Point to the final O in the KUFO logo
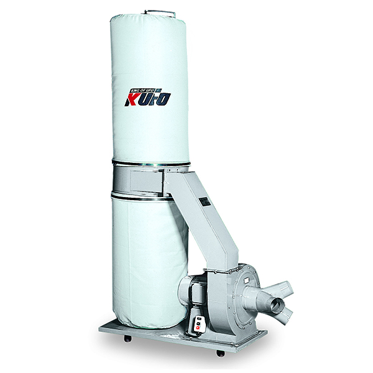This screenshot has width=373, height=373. tap(163, 98)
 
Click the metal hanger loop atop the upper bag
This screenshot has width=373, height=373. tap(159, 12)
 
